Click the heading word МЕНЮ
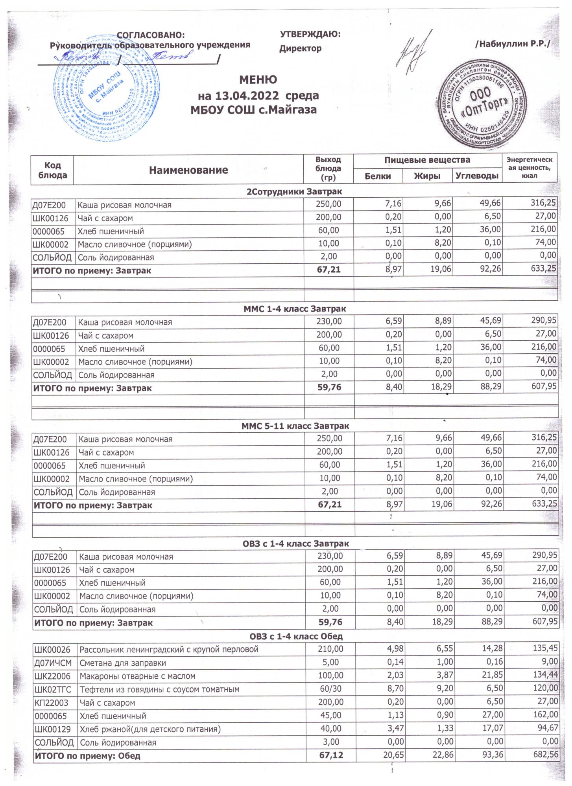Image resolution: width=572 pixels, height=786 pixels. click(x=258, y=80)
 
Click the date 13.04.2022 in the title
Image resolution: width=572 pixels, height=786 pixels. click(x=239, y=95)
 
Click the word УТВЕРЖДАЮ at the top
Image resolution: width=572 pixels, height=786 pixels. click(x=310, y=34)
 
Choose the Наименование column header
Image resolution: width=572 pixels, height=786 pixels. click(x=188, y=170)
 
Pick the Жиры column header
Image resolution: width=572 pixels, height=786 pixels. click(x=427, y=176)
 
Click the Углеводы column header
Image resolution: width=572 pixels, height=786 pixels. click(x=477, y=176)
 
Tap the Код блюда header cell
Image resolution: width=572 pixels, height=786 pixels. click(x=52, y=170)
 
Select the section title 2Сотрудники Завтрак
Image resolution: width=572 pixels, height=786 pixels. click(x=294, y=192)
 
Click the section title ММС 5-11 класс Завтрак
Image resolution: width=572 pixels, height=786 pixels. click(x=295, y=426)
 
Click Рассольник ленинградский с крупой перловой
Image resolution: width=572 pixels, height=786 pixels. click(x=169, y=649)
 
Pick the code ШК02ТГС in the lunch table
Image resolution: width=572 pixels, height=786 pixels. click(x=53, y=689)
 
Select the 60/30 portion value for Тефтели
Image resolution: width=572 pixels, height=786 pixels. click(x=330, y=689)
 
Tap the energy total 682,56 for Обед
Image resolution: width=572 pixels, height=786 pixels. click(x=543, y=755)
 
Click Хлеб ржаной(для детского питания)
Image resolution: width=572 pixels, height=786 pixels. click(x=150, y=729)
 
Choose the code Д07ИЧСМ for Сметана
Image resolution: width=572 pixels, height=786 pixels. click(x=53, y=663)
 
